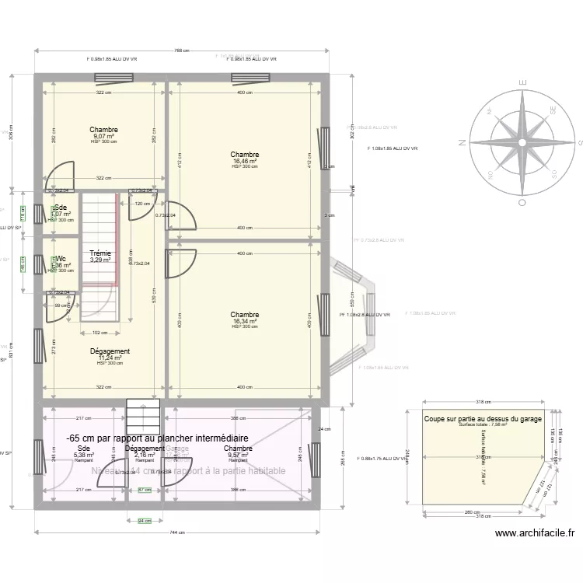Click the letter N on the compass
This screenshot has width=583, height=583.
click(462, 142)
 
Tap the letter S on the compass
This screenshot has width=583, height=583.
click(579, 142)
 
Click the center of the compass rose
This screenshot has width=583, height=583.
click(521, 142)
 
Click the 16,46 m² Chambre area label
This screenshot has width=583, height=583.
click(245, 161)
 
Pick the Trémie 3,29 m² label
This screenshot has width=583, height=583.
click(99, 257)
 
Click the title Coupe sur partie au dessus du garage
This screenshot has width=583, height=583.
click(483, 419)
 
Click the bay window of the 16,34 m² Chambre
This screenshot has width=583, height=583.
click(354, 314)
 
